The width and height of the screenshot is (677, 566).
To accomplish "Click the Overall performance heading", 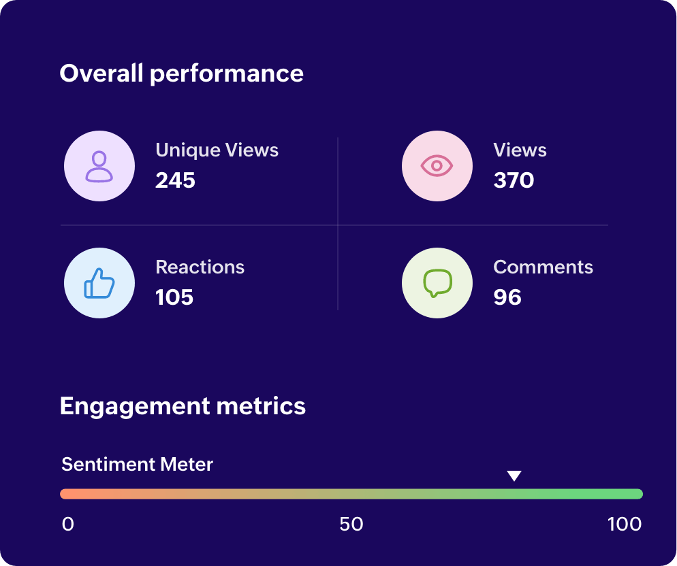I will click(181, 73).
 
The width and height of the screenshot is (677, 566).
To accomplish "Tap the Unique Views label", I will click(217, 150).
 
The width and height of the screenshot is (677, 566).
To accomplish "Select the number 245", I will click(175, 180).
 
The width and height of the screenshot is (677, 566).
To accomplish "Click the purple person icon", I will click(99, 166).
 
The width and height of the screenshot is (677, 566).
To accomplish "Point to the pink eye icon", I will click(437, 166).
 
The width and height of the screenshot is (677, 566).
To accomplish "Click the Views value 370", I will click(514, 180).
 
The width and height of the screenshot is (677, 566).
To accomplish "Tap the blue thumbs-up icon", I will click(99, 283).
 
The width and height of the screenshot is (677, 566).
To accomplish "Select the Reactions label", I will click(200, 267).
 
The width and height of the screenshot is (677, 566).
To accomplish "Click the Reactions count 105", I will click(174, 297).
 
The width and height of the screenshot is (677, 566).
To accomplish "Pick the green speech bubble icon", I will click(437, 283).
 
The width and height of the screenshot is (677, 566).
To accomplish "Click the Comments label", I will click(543, 267).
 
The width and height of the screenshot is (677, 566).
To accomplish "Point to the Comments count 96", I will click(507, 297).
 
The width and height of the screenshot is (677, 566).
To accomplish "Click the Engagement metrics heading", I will click(183, 406).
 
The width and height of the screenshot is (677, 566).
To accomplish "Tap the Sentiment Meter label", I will click(137, 465).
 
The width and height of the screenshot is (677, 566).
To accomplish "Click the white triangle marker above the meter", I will click(514, 476).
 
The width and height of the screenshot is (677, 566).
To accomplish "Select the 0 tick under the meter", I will click(67, 525).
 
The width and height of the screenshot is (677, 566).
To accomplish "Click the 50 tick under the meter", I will click(351, 525).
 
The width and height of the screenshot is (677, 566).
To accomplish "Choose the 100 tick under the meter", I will click(625, 525).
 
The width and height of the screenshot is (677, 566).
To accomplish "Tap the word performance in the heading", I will click(226, 73).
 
